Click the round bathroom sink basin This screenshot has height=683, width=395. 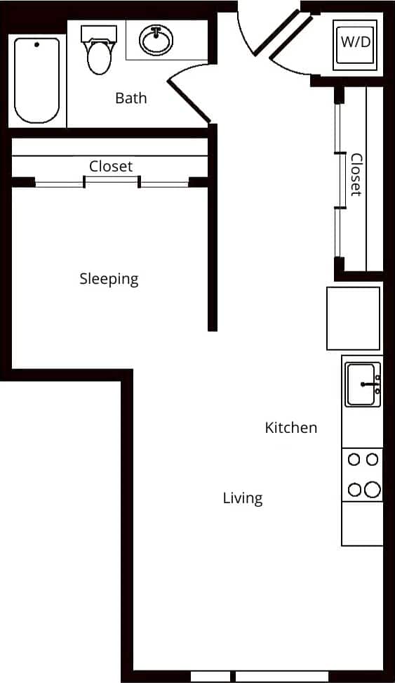coord(156,40)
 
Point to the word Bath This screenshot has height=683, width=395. coord(131,98)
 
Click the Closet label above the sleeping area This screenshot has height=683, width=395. coord(110,167)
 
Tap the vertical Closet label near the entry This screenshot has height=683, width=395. coord(356,175)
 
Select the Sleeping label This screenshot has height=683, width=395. coord(109,279)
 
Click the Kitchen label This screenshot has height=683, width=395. coord(290,427)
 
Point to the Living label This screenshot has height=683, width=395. coord(242,498)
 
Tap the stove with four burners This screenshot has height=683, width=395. coord(363,475)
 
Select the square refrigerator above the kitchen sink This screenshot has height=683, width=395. coord(353,318)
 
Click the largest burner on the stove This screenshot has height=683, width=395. coord(372,489)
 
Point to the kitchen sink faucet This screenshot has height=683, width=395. coord(370,384)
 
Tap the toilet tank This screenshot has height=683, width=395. coord(98,34)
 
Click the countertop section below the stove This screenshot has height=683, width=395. coord(363,523)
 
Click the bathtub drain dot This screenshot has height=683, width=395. coord(36,44)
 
